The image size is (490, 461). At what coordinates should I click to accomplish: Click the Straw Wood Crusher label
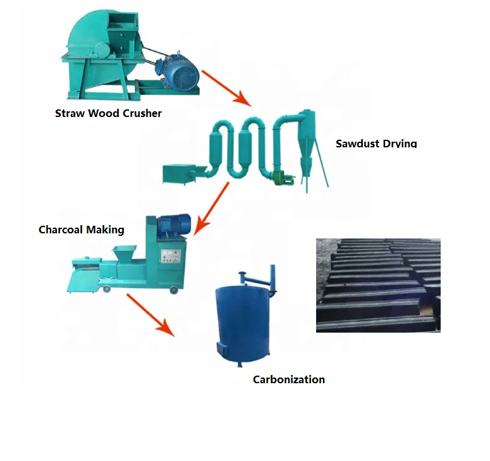coord(108,114)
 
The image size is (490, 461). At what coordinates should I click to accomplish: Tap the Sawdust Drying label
coord(376,144)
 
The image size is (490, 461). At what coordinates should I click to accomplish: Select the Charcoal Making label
coord(81,230)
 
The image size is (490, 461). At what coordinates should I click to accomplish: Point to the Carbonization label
coord(288,379)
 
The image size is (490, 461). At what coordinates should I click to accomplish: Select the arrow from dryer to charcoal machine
coord(212,208)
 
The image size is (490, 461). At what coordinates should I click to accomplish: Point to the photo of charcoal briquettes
coord(377,285)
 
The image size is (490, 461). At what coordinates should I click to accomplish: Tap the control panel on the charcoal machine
coord(169,256)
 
